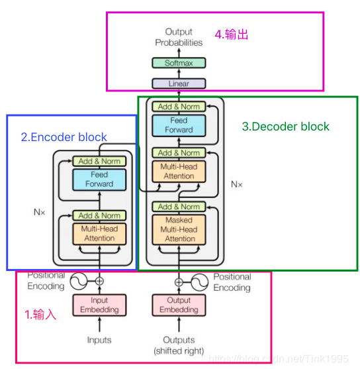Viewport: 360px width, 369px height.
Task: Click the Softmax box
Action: [179, 63]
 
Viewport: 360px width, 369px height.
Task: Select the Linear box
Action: [179, 83]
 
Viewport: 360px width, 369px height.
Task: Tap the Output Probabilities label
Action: [179, 37]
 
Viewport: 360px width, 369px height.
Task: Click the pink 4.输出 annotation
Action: [233, 34]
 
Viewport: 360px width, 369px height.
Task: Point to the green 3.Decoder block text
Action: [285, 127]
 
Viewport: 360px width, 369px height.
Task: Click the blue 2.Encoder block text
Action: [64, 138]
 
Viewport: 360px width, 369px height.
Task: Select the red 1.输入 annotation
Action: [40, 315]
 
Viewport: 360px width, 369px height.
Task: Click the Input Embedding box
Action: [99, 305]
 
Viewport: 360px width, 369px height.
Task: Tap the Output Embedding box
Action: [179, 305]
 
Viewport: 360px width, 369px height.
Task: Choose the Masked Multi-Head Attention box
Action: [179, 229]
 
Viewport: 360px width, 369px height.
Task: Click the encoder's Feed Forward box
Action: [99, 179]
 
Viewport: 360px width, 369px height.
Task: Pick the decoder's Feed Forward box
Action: [179, 125]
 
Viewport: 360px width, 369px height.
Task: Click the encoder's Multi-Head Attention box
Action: [99, 233]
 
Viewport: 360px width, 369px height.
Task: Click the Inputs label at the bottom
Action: [99, 341]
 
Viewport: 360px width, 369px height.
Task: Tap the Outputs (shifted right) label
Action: [179, 345]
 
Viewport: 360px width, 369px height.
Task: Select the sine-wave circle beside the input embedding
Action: [79, 282]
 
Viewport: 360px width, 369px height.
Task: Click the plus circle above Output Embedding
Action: [179, 282]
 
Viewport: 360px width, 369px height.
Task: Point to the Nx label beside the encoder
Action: [40, 213]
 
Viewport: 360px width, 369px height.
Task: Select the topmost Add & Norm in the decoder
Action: [179, 106]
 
